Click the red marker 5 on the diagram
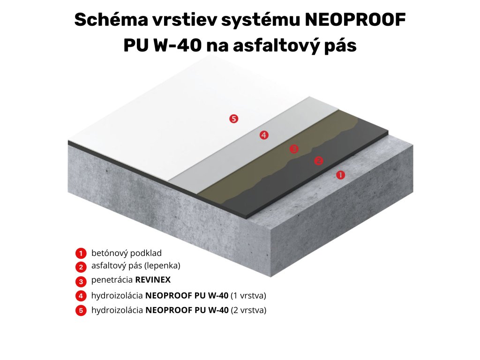233,119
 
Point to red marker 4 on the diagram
264,135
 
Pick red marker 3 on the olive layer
294,149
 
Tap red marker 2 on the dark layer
318,161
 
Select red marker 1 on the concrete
341,175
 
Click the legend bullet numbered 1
81,254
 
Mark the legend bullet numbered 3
81,282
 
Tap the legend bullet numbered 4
81,296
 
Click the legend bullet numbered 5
81,310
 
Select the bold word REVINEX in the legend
153,280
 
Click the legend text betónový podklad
127,253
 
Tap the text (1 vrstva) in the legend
248,295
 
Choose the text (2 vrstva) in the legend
248,310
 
